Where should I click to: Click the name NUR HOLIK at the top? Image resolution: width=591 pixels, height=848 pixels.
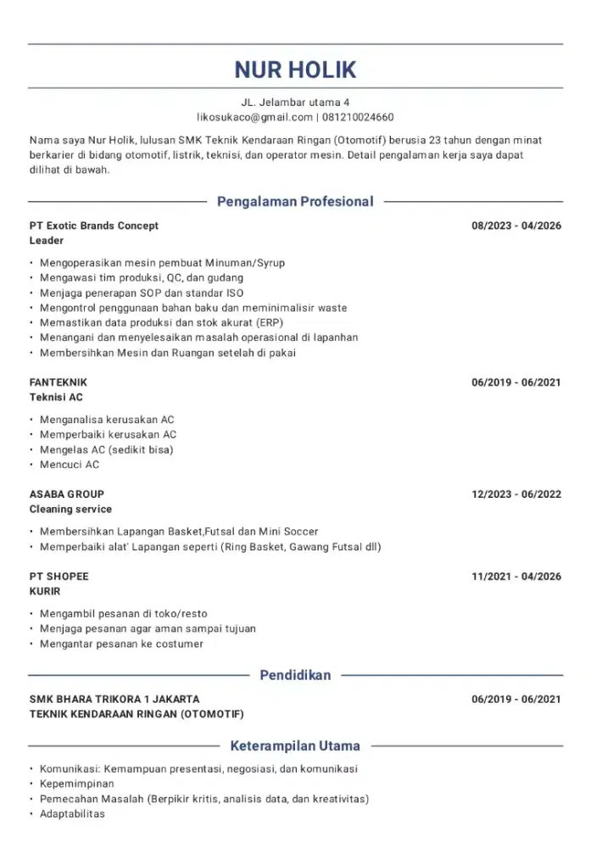(295, 69)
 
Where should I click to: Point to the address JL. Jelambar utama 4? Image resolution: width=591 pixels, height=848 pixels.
(295, 102)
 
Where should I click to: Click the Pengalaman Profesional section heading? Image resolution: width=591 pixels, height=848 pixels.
(295, 202)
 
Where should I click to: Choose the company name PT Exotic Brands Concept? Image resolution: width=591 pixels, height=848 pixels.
(93, 226)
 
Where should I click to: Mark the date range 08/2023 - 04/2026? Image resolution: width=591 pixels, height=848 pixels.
(516, 226)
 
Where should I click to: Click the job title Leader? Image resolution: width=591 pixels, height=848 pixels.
(47, 241)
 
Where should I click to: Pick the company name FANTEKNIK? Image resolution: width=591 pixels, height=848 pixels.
(58, 382)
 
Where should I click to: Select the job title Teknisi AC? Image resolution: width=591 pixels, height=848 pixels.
(56, 398)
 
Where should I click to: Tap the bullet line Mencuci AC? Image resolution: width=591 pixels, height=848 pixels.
(70, 465)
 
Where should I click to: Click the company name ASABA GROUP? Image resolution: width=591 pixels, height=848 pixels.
(67, 494)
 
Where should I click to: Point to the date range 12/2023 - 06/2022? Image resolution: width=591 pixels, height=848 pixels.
(516, 494)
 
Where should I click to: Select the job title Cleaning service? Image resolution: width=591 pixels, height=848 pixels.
(70, 510)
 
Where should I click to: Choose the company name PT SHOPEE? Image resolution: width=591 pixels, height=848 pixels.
(59, 577)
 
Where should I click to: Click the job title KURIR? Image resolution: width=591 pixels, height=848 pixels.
(45, 592)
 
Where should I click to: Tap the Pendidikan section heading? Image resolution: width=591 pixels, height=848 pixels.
(295, 676)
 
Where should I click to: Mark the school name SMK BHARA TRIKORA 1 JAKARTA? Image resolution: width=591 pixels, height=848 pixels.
(114, 700)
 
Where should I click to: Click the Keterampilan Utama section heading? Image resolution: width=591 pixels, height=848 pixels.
(295, 746)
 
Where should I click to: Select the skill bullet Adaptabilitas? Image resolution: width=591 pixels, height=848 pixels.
(72, 814)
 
